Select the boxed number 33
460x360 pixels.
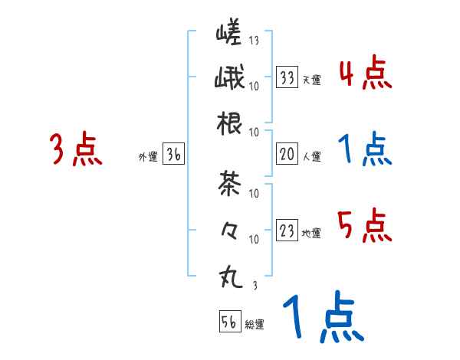coord(287,77)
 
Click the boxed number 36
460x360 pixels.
coord(174,155)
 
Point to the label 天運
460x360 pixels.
coord(311,80)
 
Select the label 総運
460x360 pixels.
coord(254,325)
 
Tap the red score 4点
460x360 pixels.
coord(365,74)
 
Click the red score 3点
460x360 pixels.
coord(76,149)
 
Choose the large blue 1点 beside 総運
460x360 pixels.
coord(322,319)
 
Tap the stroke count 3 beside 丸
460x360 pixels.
coord(254,286)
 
